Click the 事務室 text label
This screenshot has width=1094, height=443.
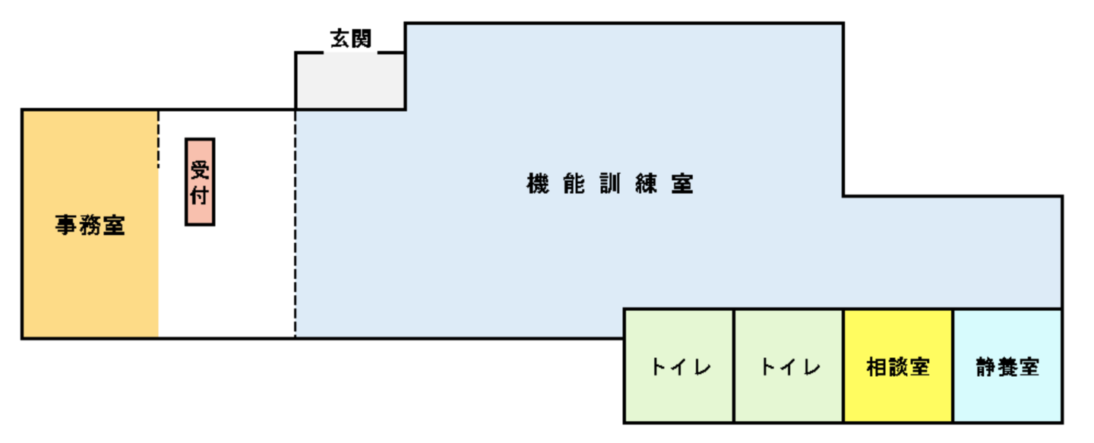[x=90, y=226]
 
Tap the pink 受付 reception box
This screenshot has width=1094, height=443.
[x=200, y=182]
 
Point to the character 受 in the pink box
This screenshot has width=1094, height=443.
[x=200, y=169]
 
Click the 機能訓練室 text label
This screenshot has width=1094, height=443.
[x=609, y=184]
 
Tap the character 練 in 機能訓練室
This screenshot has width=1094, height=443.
[x=646, y=184]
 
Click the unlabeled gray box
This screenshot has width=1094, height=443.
[x=350, y=81]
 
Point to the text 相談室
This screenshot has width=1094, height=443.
[x=898, y=368]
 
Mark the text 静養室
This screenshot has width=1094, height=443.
[x=1007, y=368]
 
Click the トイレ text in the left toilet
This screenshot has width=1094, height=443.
[x=680, y=368]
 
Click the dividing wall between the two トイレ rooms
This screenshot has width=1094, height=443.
[x=734, y=365]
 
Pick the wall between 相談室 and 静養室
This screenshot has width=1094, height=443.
[x=953, y=365]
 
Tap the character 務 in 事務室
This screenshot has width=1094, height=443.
[x=90, y=226]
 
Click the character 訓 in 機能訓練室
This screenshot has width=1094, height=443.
[x=609, y=184]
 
